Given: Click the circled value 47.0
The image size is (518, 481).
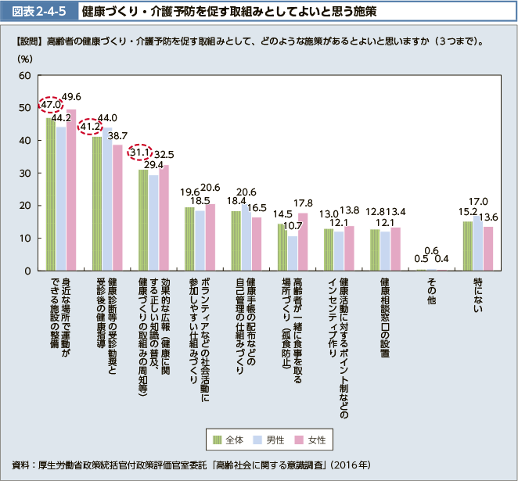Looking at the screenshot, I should point(51,105).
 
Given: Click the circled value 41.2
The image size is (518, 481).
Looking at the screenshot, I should point(90,125).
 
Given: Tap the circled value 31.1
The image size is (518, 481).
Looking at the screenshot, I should point(139,153).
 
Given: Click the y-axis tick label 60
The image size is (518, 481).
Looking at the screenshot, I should point(24,76).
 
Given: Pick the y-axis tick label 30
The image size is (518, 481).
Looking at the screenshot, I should point(24,173).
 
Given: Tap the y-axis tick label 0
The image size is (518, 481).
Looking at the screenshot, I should point(27,271).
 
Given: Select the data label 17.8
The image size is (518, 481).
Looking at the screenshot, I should point(304,203).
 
